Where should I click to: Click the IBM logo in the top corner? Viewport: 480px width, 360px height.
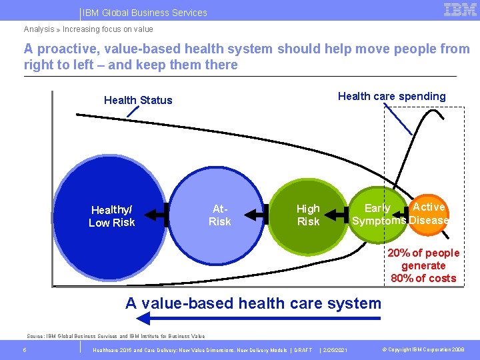[460, 10]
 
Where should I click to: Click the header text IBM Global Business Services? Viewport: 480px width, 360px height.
[145, 13]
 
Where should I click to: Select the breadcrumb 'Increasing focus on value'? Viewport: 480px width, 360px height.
[107, 29]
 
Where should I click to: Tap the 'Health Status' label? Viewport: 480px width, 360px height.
[138, 100]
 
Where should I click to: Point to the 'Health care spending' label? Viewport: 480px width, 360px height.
[391, 96]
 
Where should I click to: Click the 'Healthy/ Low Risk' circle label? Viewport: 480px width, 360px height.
[112, 216]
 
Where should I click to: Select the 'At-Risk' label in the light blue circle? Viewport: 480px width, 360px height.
[219, 215]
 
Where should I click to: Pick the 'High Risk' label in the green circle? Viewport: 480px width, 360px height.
[308, 215]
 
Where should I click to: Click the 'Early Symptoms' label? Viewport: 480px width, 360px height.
[378, 215]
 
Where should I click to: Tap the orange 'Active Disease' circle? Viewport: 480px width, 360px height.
[429, 214]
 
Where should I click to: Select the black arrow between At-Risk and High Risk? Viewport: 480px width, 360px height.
[257, 215]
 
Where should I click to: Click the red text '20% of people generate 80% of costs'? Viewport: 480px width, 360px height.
[423, 265]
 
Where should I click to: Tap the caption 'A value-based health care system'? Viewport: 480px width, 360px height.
[253, 303]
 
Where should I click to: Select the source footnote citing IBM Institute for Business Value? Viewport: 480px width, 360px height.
[115, 336]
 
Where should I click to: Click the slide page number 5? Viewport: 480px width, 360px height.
[24, 350]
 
